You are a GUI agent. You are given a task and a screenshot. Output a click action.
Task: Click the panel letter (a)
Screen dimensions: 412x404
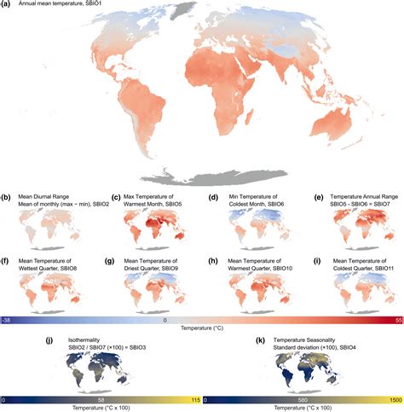point(7,5)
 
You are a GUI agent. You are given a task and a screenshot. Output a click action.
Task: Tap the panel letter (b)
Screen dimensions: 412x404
point(7,196)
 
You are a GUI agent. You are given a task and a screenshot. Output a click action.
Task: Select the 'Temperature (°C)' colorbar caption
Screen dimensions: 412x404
point(202,329)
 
